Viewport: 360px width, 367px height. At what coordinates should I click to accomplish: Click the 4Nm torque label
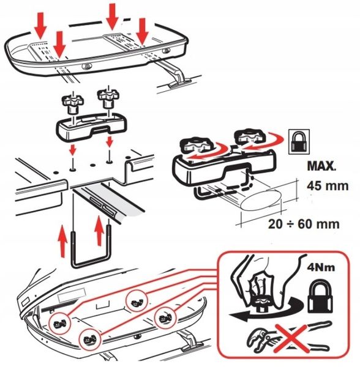click(321, 267)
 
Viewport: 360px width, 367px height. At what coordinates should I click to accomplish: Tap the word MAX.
click(321, 166)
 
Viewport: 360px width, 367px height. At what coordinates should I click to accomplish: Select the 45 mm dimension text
click(328, 186)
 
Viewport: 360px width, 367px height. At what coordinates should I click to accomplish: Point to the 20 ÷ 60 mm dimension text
click(304, 224)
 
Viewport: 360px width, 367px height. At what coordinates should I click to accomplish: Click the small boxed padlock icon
click(299, 142)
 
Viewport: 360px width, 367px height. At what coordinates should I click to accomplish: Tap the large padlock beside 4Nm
click(320, 296)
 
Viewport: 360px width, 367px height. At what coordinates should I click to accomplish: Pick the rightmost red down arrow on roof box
click(142, 32)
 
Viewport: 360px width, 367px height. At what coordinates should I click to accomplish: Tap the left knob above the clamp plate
click(73, 102)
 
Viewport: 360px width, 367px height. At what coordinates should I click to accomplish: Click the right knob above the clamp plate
click(108, 97)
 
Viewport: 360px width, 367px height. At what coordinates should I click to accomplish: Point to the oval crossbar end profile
click(261, 199)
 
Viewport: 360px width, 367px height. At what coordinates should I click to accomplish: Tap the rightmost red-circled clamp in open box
click(165, 318)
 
